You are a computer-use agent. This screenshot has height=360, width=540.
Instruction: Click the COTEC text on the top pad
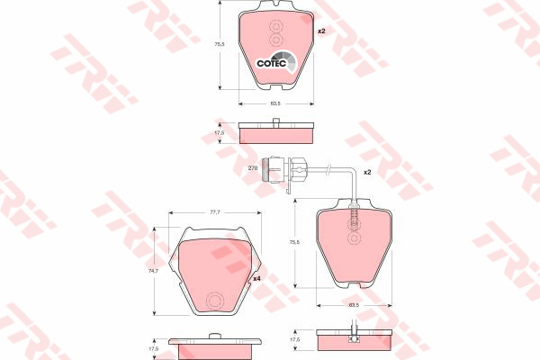point(272,63)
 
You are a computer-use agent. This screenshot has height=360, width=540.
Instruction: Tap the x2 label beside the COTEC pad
point(321,31)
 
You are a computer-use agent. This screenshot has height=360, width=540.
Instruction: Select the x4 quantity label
point(256,279)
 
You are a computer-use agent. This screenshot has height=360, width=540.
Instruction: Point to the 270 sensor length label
point(253,168)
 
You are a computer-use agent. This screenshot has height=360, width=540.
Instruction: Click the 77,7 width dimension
point(215,212)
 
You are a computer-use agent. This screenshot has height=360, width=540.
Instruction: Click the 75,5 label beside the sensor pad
point(294,242)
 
